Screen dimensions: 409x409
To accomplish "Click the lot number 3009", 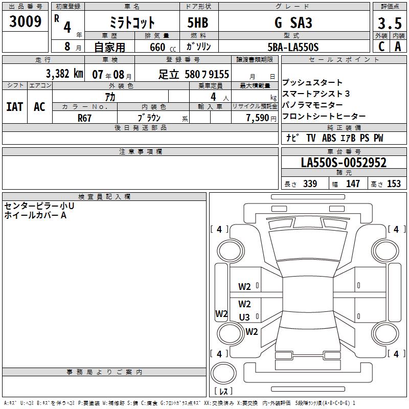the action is pos(25,21).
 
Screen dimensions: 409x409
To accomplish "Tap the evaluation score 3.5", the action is pos(390,23).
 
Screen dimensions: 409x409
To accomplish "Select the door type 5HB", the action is pos(198,22).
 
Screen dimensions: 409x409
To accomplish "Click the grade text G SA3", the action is pos(293,22).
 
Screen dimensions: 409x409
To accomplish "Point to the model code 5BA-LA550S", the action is pos(293,47).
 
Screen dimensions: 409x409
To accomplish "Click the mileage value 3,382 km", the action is pos(64,74).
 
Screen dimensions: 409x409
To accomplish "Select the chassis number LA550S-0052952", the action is pos(344,163).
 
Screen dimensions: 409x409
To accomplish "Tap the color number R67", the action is pos(84,118).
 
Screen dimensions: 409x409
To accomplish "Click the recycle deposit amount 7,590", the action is pos(258,118).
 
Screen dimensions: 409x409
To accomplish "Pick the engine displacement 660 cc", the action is pos(163,47).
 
